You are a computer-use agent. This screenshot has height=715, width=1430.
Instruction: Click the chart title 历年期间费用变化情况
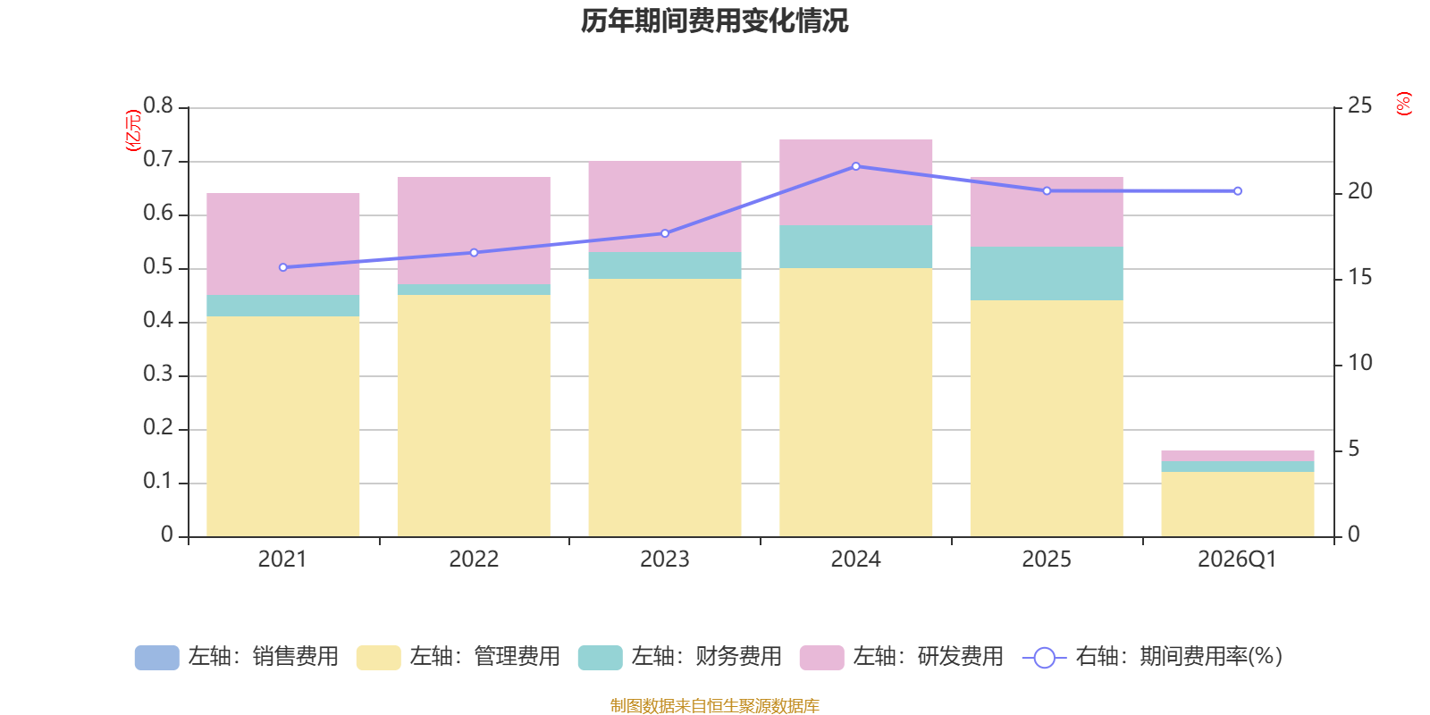[x=714, y=21]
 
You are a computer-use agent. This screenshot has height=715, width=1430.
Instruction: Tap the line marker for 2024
[x=856, y=166]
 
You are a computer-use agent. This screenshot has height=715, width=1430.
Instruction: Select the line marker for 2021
[x=283, y=267]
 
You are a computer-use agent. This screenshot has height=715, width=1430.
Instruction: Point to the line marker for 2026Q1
[x=1238, y=191]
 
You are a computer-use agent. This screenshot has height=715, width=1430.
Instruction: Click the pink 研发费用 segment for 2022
[x=474, y=231]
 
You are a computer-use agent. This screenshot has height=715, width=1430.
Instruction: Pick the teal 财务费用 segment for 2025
[x=1047, y=273]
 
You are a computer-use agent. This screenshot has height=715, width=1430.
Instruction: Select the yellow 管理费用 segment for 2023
[x=665, y=408]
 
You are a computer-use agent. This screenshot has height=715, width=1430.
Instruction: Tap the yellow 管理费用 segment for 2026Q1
[x=1238, y=504]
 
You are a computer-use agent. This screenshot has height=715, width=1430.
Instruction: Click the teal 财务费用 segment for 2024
[x=856, y=247]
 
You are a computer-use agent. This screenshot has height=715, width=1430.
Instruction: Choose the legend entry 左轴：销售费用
[x=237, y=657]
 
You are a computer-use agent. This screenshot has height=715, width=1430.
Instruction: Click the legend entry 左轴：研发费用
[x=902, y=657]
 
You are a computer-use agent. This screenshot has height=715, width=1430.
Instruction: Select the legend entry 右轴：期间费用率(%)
[x=1153, y=657]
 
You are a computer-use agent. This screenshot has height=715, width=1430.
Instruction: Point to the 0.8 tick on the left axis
[x=158, y=105]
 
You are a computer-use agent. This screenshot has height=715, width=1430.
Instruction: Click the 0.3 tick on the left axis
[x=158, y=374]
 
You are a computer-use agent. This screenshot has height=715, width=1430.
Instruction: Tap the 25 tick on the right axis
[x=1359, y=105]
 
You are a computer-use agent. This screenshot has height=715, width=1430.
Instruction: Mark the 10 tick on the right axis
[x=1359, y=363]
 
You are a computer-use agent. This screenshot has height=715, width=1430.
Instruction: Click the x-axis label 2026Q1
[x=1237, y=559]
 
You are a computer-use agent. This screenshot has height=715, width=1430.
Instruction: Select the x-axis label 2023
[x=665, y=559]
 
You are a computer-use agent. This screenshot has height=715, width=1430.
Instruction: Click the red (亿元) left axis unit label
[x=133, y=130]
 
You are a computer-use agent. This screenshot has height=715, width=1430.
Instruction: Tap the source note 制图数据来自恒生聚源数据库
[x=714, y=705]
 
